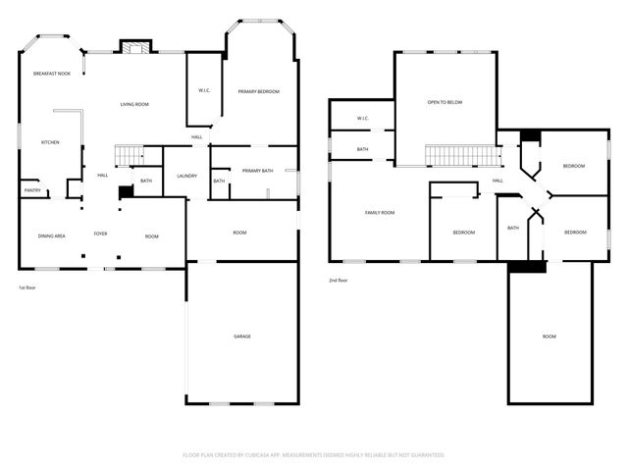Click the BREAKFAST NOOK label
tap(51, 74)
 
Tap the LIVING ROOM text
tap(134, 104)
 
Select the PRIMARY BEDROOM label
tap(259, 91)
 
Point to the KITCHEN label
tap(50, 142)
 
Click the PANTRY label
tap(31, 190)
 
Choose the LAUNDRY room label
tap(186, 177)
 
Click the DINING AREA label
tap(52, 235)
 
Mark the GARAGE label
tap(241, 337)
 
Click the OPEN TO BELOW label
tap(445, 101)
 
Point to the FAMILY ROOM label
tap(380, 212)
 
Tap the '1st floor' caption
tap(28, 288)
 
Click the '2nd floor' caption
tap(339, 281)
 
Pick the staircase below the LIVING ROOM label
tap(130, 155)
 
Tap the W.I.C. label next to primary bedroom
tap(204, 91)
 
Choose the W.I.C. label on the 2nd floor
tap(362, 119)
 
